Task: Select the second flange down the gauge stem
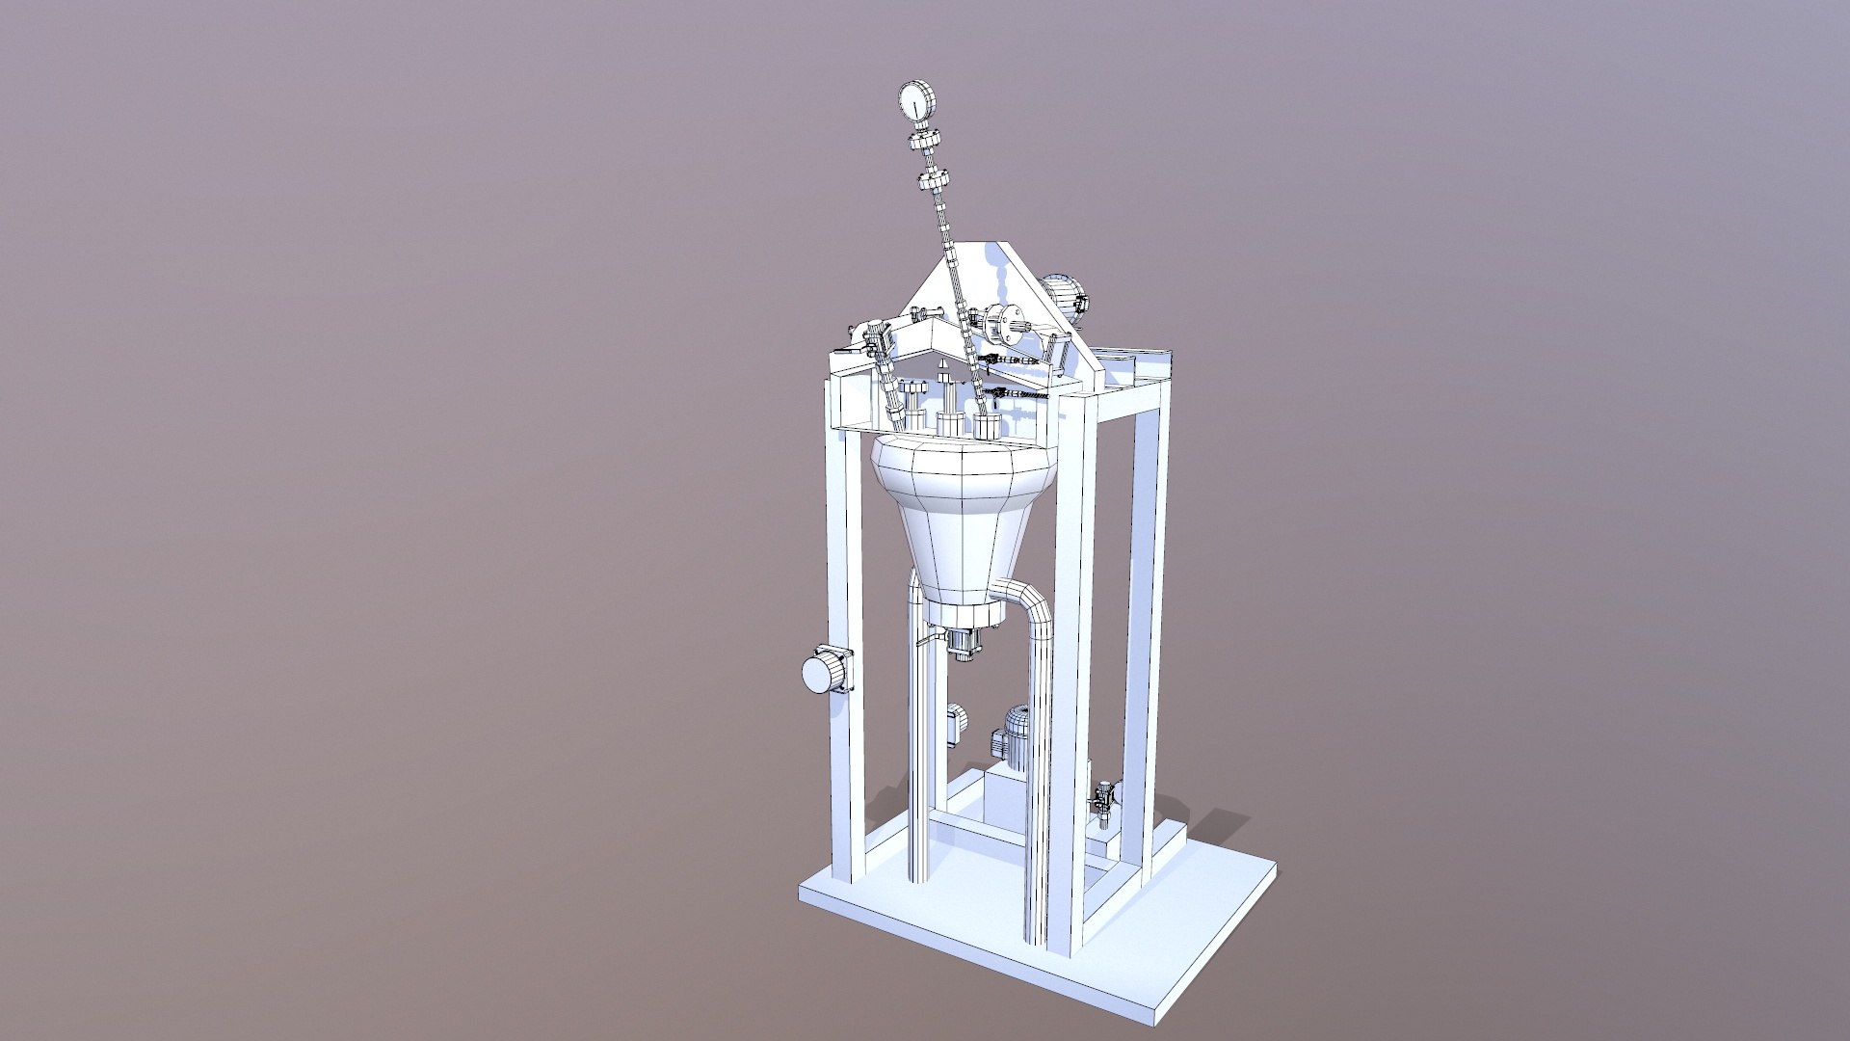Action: click(934, 180)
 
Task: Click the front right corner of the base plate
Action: click(1156, 1002)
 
